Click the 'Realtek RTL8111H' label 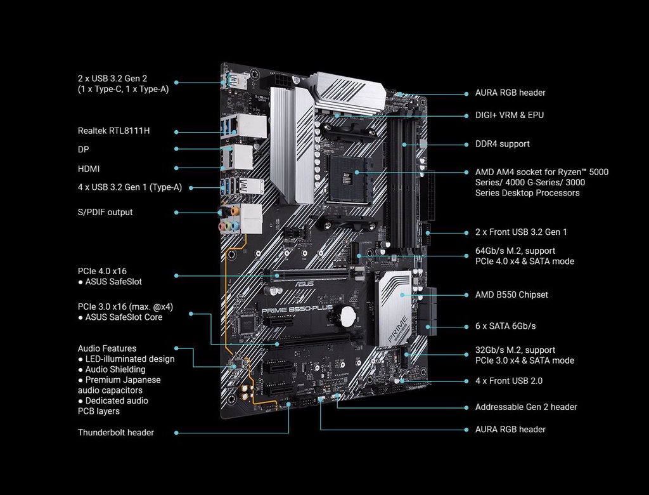coord(113,131)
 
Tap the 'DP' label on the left coord(83,150)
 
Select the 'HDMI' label coord(89,169)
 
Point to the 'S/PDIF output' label coord(105,212)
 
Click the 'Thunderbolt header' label coord(115,432)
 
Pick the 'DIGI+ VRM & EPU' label coord(509,115)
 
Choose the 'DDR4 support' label coord(502,144)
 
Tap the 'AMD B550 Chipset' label coord(511,294)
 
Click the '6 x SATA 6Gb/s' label coord(505,326)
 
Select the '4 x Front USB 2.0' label coord(508,381)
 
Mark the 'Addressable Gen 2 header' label coord(526,407)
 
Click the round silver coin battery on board coord(347,315)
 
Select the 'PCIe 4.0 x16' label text coord(102,271)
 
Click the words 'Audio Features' coord(106,348)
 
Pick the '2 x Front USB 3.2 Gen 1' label coord(521,232)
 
